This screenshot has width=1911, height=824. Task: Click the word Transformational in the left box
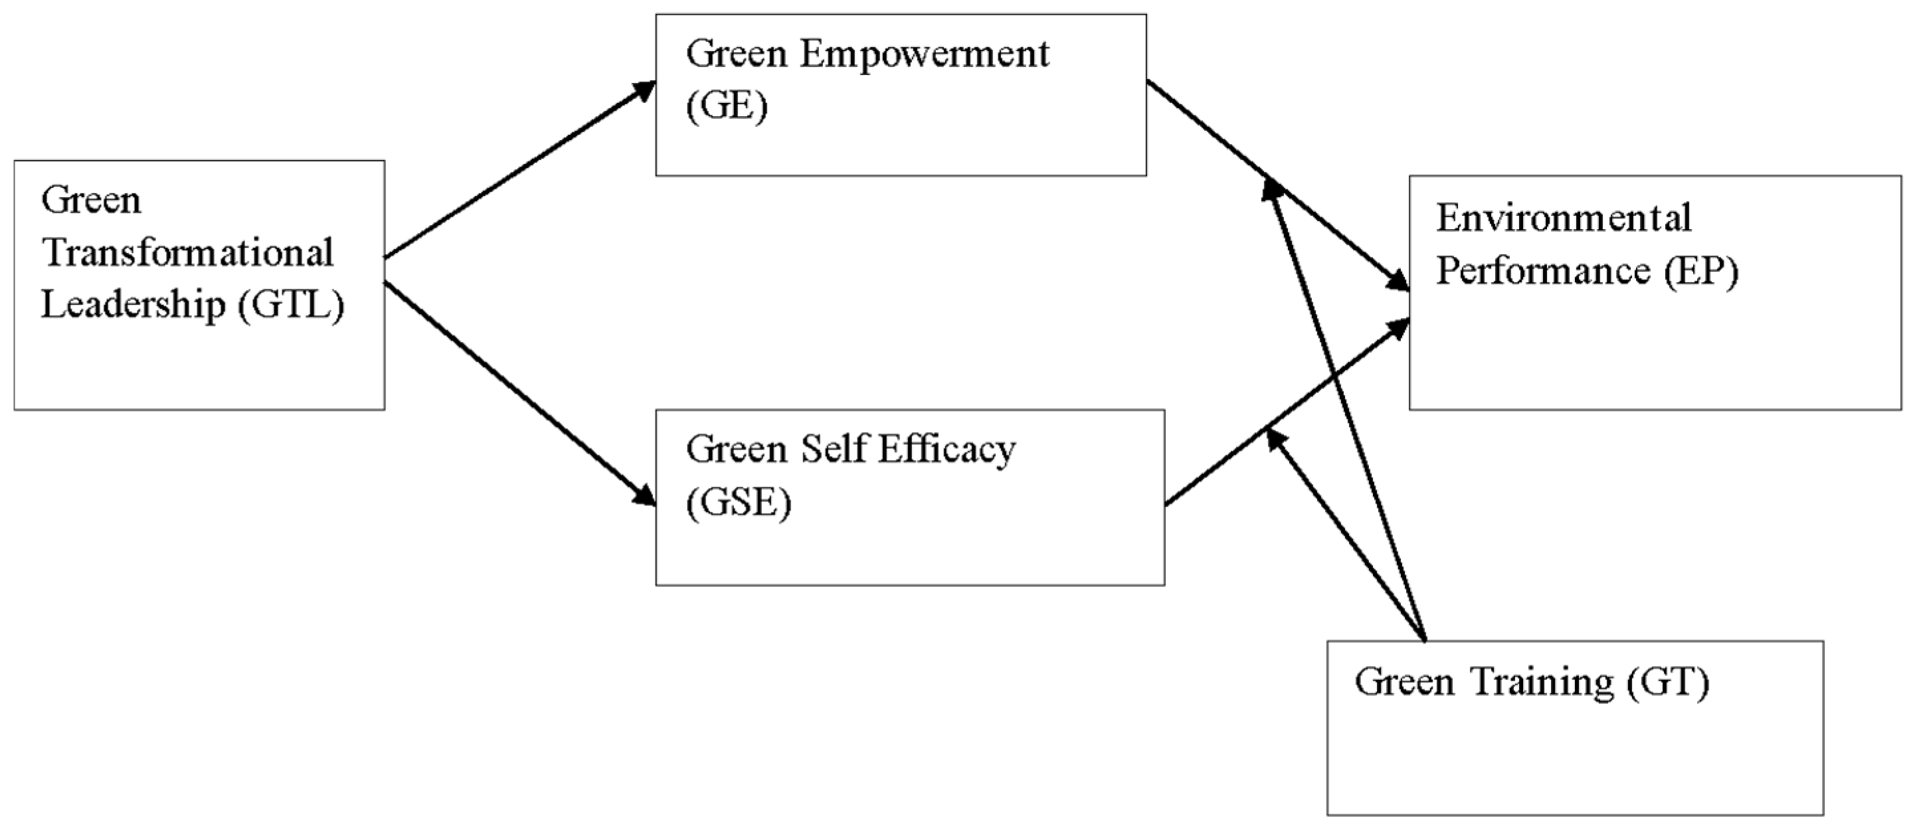(188, 253)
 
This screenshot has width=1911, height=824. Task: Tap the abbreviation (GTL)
(292, 305)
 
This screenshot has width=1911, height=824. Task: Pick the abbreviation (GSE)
(738, 503)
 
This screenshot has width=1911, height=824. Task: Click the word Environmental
(1564, 218)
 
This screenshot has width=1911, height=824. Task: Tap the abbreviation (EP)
(1701, 271)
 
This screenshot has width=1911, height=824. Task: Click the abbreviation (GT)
(1668, 681)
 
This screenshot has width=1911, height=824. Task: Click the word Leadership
(133, 305)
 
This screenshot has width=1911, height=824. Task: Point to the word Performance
(1543, 271)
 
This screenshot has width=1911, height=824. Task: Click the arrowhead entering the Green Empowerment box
(644, 91)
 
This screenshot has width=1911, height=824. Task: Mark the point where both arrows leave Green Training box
(1424, 639)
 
